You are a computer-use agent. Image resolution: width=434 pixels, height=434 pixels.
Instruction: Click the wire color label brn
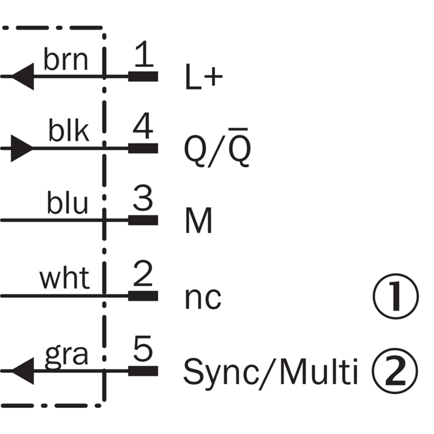click(65, 60)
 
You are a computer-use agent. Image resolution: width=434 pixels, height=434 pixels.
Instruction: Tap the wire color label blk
click(68, 131)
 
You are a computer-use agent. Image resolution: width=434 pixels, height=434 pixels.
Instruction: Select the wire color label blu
click(67, 204)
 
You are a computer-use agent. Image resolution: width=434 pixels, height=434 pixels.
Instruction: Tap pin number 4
click(143, 128)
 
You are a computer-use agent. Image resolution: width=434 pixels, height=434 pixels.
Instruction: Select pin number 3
click(143, 201)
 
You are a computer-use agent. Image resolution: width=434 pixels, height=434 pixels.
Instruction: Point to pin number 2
click(143, 276)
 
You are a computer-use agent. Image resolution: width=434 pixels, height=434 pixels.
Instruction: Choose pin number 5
click(143, 350)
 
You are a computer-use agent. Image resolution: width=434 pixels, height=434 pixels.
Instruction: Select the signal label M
click(199, 221)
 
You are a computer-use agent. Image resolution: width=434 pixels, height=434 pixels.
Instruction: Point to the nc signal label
click(203, 297)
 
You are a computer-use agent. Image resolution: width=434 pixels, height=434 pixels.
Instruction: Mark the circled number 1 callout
click(396, 296)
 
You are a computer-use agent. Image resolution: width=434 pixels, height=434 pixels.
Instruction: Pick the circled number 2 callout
click(396, 371)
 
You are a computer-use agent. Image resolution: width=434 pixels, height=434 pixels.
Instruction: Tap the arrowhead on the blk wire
click(22, 148)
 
